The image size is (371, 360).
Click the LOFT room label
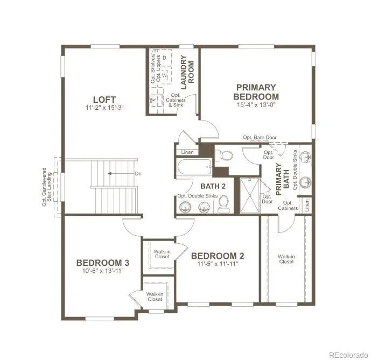tap(104, 100)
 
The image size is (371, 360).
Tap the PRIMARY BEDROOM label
tap(256, 92)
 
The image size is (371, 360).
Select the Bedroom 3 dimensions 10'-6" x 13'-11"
tap(103, 271)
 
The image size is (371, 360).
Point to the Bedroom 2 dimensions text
tap(218, 264)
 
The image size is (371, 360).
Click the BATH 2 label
tap(213, 186)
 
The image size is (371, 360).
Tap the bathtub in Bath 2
tap(194, 167)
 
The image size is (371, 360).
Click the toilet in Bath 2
tap(223, 204)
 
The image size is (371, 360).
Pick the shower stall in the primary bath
tap(250, 195)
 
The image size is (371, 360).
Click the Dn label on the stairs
tap(138, 174)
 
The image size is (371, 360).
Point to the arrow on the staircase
tap(121, 174)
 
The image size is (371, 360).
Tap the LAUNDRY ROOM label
tap(187, 72)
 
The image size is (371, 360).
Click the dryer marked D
tap(164, 58)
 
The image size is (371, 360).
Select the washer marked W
tap(164, 75)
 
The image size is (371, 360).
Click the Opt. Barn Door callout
tap(260, 137)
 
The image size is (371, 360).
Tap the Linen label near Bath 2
tap(187, 152)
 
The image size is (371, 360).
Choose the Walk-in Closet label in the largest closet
tap(286, 259)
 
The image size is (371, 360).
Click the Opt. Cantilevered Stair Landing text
tap(47, 187)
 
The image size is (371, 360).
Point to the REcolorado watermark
tap(348, 355)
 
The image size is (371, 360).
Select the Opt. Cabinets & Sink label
tap(176, 100)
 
